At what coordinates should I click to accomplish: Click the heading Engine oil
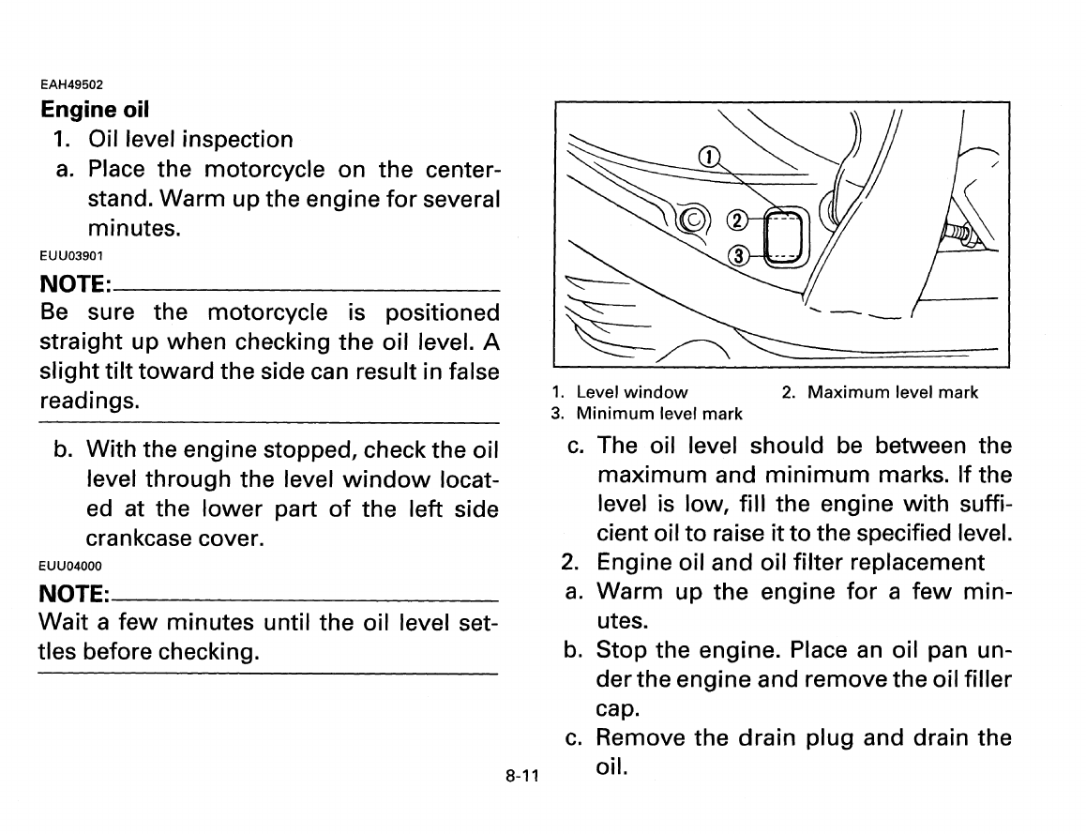pyautogui.click(x=95, y=109)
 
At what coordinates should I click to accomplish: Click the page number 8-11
pyautogui.click(x=520, y=778)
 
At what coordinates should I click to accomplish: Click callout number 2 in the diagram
pyautogui.click(x=737, y=220)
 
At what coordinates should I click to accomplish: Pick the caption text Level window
pyautogui.click(x=631, y=392)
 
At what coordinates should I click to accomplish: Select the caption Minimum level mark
pyautogui.click(x=658, y=413)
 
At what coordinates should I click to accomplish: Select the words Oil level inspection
pyautogui.click(x=190, y=140)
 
